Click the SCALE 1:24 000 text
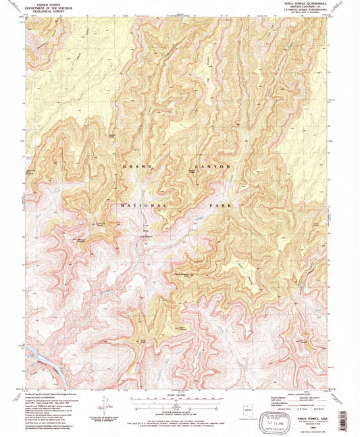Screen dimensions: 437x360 point(179,394)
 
